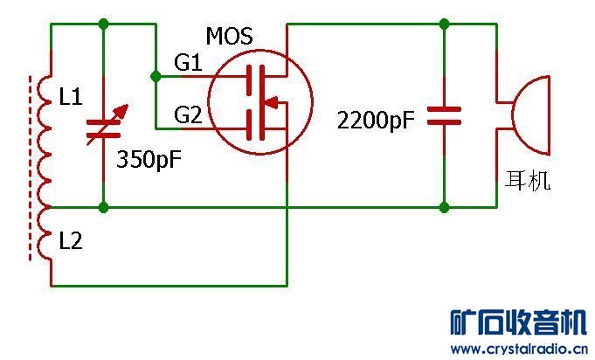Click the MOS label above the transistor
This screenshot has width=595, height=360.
(229, 37)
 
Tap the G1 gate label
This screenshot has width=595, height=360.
(188, 62)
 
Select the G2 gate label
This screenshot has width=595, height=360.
(188, 114)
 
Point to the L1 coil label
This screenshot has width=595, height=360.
(71, 96)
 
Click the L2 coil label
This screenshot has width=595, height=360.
(71, 240)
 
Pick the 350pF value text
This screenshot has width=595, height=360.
(149, 159)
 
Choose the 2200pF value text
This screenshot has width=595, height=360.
(376, 121)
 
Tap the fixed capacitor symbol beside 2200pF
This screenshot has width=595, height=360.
(444, 115)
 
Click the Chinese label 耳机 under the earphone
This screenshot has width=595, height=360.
(528, 181)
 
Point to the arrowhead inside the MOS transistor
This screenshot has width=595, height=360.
(270, 102)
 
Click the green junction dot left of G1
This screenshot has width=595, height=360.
(156, 77)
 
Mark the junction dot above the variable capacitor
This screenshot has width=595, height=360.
(103, 24)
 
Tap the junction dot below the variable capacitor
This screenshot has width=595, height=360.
(103, 207)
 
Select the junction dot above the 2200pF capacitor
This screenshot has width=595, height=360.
(444, 24)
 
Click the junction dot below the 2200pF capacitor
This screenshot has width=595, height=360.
(444, 207)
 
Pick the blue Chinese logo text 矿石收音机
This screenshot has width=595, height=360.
(518, 322)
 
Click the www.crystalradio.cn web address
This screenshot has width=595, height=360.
(519, 349)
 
